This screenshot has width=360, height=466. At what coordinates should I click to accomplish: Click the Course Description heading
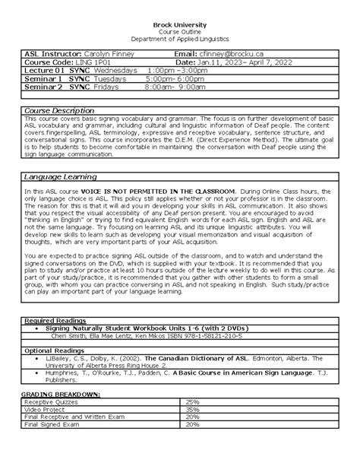59,110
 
